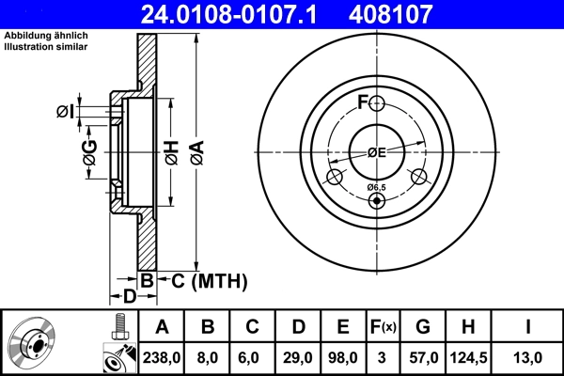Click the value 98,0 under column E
343,357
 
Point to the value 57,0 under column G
424,357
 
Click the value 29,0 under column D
298,357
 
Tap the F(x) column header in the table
384,327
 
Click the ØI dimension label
64,112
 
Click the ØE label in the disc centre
377,152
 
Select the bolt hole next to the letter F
376,102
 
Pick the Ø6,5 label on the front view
377,187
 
